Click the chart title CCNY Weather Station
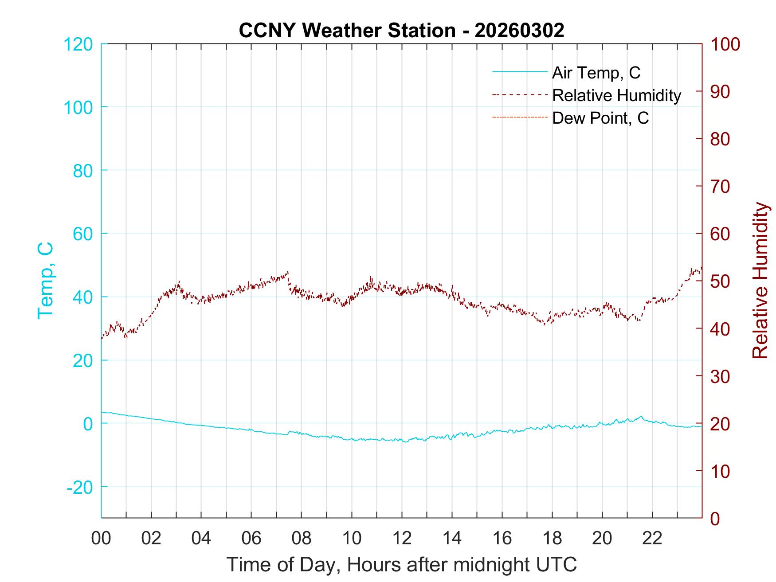pos(347,30)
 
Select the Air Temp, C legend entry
pos(596,73)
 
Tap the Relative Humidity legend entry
pos(616,95)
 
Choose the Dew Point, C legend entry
pos(600,118)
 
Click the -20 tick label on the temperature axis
pos(79,487)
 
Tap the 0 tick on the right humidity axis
pos(715,518)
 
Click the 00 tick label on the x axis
pos(101,539)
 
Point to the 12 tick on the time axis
pos(402,539)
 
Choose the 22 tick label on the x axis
pos(652,539)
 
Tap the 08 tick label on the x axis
pos(302,539)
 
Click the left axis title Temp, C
pos(45,280)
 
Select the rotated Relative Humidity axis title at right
pos(760,280)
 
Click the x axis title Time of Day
pos(402,564)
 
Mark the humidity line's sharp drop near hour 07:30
pos(289,281)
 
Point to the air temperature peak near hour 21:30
pos(640,417)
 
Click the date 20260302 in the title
pos(519,30)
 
